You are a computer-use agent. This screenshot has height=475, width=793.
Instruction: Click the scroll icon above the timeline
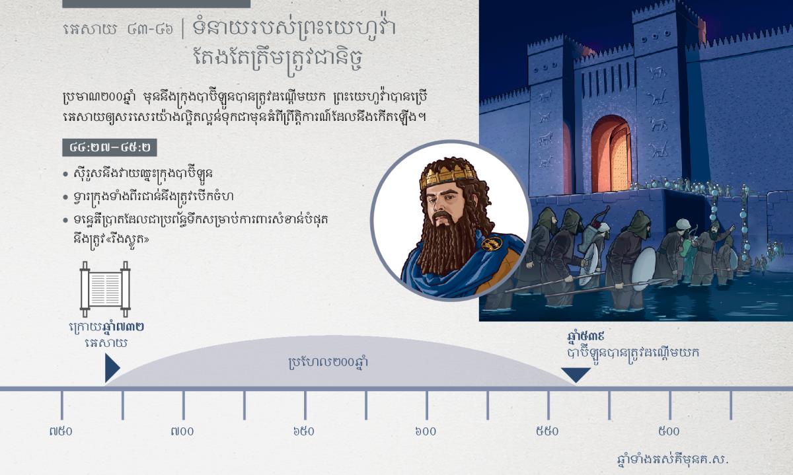pyautogui.click(x=105, y=289)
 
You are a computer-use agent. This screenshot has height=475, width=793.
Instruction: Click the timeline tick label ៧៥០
pyautogui.click(x=61, y=431)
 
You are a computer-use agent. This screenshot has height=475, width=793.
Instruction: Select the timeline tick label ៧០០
pyautogui.click(x=182, y=431)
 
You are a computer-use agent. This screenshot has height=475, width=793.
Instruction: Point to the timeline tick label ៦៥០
pyautogui.click(x=304, y=431)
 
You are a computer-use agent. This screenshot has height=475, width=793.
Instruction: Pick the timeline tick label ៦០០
pyautogui.click(x=426, y=431)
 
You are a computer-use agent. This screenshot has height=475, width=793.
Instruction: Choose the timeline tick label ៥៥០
pyautogui.click(x=547, y=431)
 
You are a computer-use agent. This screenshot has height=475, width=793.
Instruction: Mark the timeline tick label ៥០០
pyautogui.click(x=669, y=431)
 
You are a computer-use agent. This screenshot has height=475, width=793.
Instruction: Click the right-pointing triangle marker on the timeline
pyautogui.click(x=112, y=368)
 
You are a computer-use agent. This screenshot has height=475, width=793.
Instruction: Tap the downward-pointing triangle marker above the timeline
pyautogui.click(x=576, y=375)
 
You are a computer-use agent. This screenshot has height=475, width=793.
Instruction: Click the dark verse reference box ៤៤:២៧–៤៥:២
pyautogui.click(x=110, y=147)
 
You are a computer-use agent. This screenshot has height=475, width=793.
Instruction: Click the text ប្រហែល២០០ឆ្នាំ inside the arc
pyautogui.click(x=328, y=363)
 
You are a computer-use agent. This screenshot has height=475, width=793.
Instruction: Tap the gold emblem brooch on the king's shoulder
pyautogui.click(x=492, y=243)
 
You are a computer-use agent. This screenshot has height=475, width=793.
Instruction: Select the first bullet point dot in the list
pyautogui.click(x=65, y=174)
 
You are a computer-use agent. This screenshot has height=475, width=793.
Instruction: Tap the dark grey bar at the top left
pyautogui.click(x=156, y=4)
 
